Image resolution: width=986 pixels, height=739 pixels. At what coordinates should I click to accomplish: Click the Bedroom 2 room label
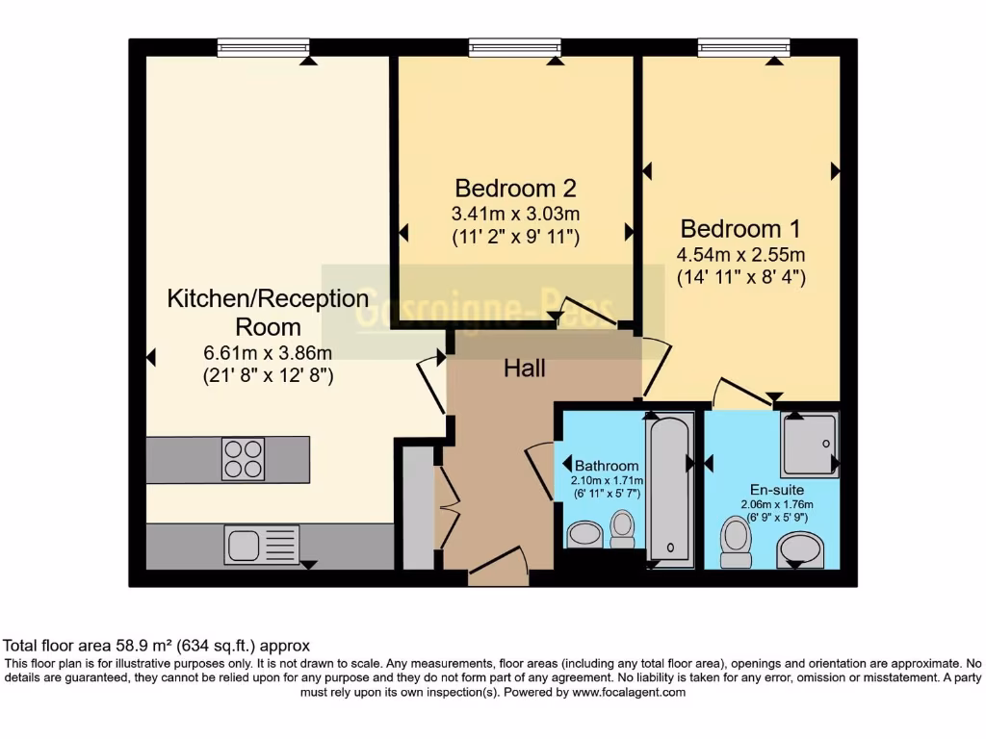(515, 188)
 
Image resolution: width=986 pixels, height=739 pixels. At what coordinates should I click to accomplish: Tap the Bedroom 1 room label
(740, 229)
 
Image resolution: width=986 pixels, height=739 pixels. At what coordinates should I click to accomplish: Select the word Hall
(525, 368)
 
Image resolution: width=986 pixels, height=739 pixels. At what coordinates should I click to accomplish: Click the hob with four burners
(243, 459)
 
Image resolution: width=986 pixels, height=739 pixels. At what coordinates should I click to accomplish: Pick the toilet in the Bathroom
(623, 528)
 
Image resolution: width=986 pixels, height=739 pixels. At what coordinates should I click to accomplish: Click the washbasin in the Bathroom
(584, 535)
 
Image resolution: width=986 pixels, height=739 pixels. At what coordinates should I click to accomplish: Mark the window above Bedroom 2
(515, 47)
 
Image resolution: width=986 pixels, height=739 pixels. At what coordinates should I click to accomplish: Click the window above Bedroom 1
(743, 47)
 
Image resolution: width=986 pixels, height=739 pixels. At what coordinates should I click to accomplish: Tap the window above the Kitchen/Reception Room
(263, 47)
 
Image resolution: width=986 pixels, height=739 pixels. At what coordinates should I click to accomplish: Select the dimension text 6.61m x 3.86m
(268, 352)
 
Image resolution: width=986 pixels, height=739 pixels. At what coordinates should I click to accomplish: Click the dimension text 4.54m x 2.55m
(740, 255)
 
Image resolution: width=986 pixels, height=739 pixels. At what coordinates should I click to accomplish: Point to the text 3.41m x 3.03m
(515, 213)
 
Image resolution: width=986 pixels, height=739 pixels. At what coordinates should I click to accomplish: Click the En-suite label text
(777, 488)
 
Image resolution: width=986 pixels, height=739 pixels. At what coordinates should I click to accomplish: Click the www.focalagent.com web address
(629, 692)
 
